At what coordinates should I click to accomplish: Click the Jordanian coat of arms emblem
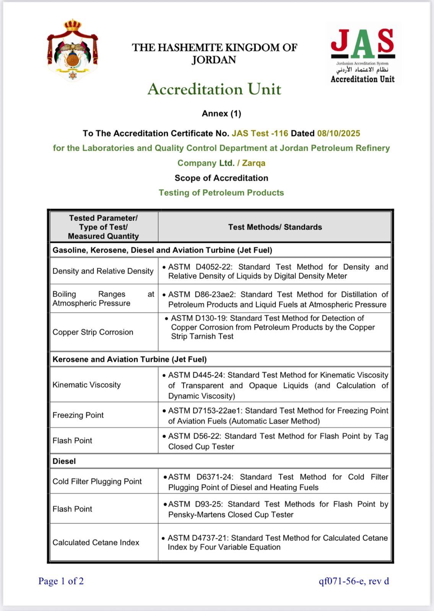tap(72, 50)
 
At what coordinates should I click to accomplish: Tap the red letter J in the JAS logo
tap(340, 41)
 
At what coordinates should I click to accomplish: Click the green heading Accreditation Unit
tap(214, 89)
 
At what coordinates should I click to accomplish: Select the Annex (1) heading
tap(221, 113)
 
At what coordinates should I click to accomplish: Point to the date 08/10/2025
tap(338, 133)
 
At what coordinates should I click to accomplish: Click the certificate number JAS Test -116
tap(260, 133)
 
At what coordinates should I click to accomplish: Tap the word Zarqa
tap(254, 163)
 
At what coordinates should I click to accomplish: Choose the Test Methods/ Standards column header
tap(275, 227)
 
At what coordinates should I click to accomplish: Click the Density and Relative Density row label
tap(103, 271)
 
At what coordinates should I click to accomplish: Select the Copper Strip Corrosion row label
tap(93, 332)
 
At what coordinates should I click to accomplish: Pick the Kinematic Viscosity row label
tap(86, 385)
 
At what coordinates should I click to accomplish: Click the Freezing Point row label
tap(78, 415)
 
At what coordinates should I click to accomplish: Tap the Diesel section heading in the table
tap(64, 461)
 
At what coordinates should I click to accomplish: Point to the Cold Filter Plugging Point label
tap(97, 482)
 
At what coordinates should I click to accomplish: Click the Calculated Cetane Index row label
tap(96, 543)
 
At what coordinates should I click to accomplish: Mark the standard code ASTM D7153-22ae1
tap(204, 411)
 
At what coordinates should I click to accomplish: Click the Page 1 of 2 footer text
tap(61, 581)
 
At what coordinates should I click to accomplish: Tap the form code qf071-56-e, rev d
tap(354, 581)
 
